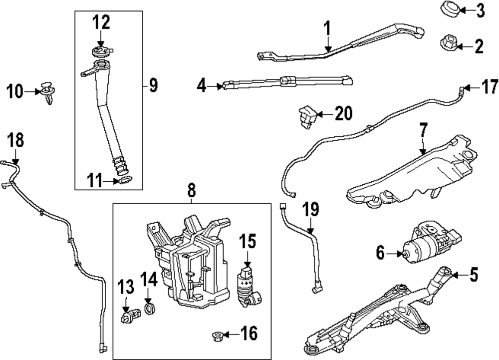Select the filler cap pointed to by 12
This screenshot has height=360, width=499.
101,51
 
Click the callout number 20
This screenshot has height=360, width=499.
343,114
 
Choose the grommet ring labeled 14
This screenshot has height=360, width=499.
149,307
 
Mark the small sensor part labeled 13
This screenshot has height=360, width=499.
128,317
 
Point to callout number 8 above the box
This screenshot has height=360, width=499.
192,190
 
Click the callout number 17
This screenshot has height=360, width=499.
489,88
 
